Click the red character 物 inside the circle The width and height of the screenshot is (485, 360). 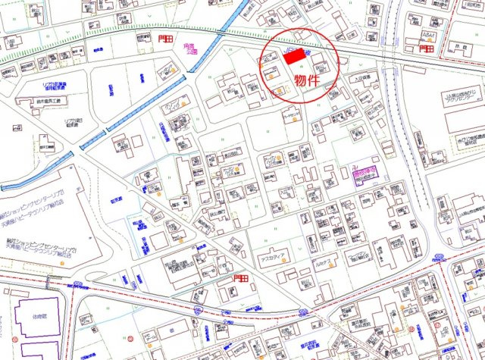point(301,80)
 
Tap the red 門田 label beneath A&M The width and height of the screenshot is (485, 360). point(427,48)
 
